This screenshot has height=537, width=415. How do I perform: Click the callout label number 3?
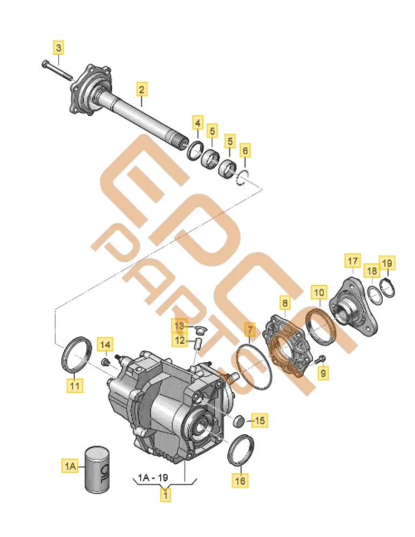59,48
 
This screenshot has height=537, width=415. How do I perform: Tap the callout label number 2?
141,89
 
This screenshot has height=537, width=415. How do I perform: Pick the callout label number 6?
245,151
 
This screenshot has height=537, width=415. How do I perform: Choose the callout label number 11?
75,384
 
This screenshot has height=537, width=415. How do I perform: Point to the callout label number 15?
259,420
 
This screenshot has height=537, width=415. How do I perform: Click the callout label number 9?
322,372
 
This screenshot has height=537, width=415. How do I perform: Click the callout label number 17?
353,262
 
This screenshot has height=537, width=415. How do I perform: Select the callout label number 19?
388,263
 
